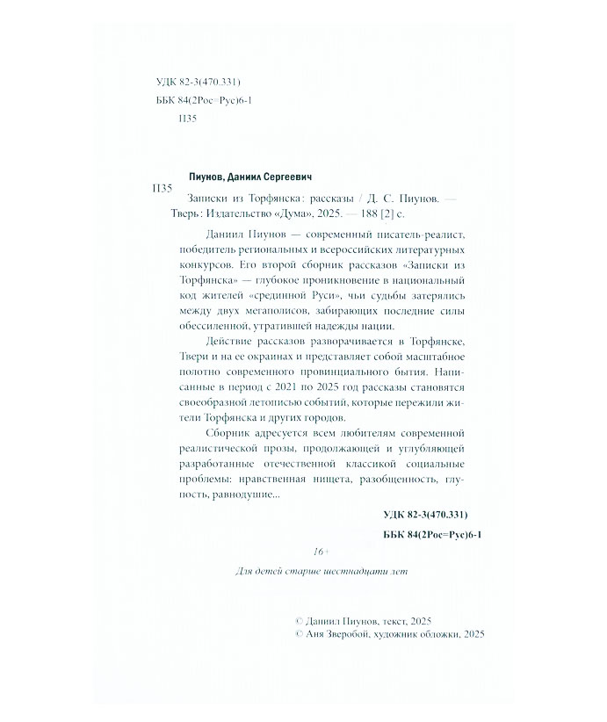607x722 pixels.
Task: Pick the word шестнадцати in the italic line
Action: point(349,570)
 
